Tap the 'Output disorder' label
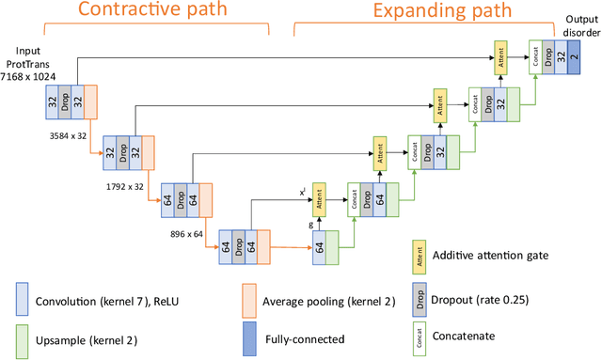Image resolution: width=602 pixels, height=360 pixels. [579, 25]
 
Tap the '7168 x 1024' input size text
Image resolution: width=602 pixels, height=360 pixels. [27, 73]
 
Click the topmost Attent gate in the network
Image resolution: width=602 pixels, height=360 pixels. [499, 57]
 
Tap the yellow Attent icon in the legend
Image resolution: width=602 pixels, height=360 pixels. [415, 253]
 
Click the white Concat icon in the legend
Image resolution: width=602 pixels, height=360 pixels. [415, 335]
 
